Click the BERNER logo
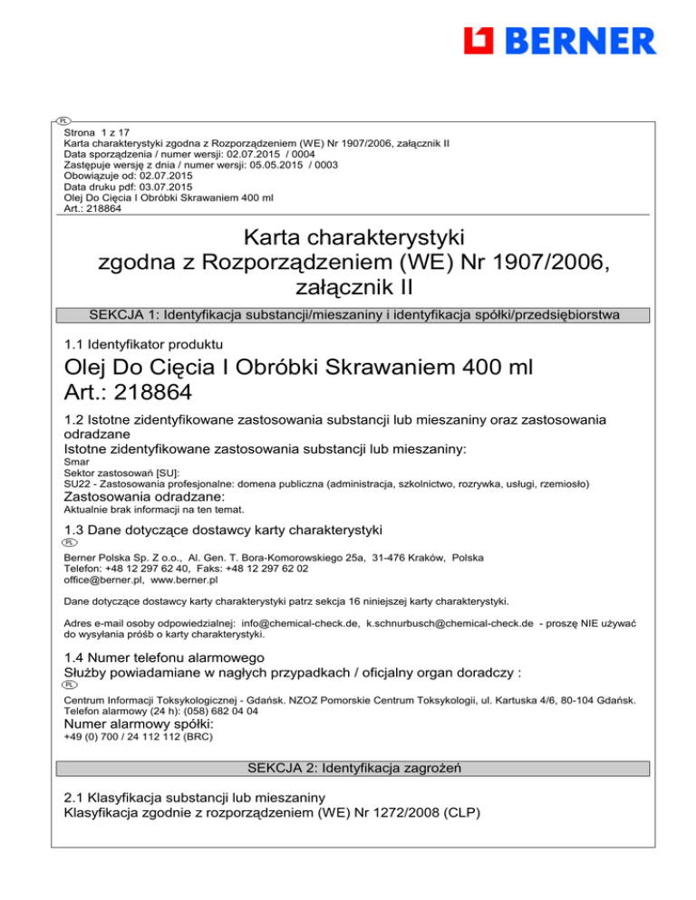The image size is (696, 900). [x=558, y=41]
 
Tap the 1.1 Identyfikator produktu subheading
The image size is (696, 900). [x=139, y=344]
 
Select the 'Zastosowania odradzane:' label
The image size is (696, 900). [x=143, y=498]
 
